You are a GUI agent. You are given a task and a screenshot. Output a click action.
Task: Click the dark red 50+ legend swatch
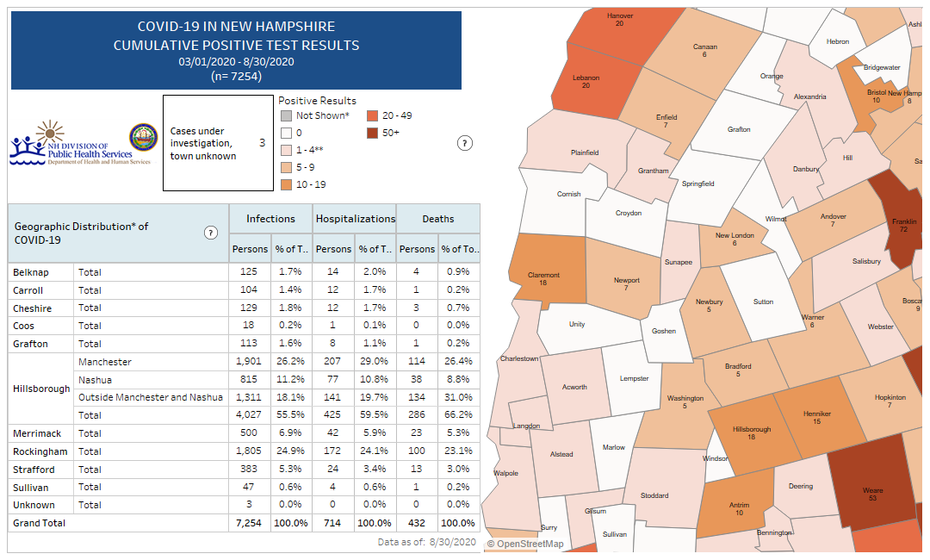coord(372,133)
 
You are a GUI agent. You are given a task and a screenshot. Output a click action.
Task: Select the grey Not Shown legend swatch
coord(285,115)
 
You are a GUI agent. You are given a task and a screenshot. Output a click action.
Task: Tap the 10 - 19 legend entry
coord(310,184)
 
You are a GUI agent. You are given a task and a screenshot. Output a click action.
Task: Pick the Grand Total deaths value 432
coord(417,523)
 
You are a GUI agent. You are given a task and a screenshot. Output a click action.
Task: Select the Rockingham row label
coord(34,451)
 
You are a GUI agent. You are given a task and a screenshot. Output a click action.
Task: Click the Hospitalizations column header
coord(355,219)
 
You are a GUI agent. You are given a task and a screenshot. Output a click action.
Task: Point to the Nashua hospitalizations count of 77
coord(333,380)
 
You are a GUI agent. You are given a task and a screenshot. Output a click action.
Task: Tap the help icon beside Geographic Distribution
coord(211,233)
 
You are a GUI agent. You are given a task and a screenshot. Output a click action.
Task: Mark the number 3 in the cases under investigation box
coord(262,142)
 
